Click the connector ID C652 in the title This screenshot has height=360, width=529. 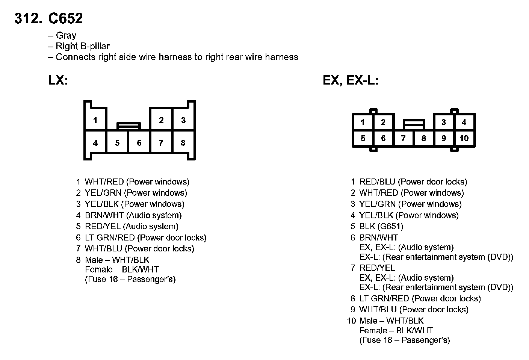65,18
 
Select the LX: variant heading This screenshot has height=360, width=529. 58,80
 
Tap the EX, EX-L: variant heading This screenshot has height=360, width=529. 351,80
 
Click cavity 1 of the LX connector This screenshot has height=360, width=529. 95,120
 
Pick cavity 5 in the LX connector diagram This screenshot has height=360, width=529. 117,143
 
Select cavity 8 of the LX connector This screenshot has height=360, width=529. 183,143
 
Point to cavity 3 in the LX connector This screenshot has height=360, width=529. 183,120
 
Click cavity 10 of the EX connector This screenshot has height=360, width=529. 464,138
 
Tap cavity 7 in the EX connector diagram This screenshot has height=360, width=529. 403,138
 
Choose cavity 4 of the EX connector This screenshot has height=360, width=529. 464,122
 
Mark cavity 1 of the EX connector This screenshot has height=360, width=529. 363,122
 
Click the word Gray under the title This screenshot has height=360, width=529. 66,35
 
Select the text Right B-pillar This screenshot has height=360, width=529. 83,46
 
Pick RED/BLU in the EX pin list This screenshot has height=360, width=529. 377,182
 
